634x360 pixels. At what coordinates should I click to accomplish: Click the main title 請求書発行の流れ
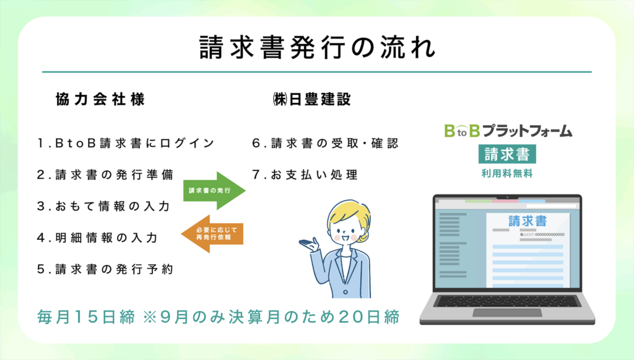coord(318,48)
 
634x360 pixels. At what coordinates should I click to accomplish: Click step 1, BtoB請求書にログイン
coord(126,143)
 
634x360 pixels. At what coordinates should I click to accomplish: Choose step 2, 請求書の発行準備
coord(105,175)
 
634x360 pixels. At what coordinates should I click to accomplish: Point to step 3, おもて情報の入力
coord(103,206)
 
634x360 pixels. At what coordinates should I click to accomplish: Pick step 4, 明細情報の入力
coord(97,238)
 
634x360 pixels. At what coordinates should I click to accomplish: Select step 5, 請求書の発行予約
coord(105,270)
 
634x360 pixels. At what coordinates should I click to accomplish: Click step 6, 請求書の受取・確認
coord(326,143)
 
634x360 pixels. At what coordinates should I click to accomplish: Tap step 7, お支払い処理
coord(305,175)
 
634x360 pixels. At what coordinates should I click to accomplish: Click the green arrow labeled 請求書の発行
coord(214,190)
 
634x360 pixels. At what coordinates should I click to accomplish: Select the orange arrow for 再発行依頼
coord(212,234)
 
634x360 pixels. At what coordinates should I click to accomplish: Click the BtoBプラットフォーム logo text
coord(508,131)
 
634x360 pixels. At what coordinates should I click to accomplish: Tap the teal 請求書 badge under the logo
coord(507,154)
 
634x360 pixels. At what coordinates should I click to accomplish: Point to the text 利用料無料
coord(507,174)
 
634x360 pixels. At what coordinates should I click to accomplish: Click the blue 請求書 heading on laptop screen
coord(528,221)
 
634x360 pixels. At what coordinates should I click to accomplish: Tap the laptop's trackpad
coord(507,312)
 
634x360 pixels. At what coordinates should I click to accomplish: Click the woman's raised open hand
coord(310,244)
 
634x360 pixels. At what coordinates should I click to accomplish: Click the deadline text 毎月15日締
coord(86,317)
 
